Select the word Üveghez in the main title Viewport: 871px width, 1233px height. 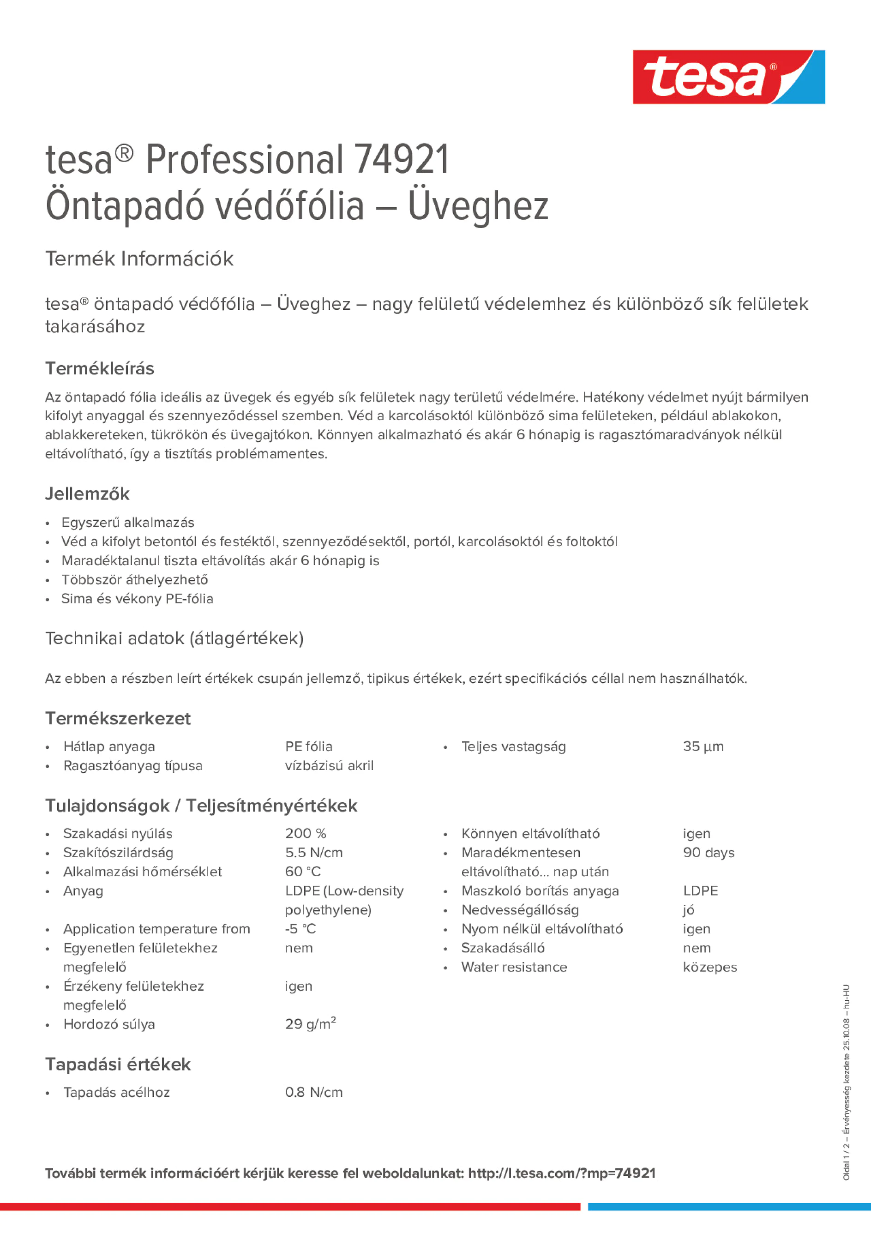(x=478, y=206)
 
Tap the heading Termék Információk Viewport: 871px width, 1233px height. (x=139, y=259)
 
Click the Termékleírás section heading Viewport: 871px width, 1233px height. (x=99, y=369)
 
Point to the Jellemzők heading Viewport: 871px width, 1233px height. (x=87, y=494)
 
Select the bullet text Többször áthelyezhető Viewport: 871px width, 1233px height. (x=134, y=580)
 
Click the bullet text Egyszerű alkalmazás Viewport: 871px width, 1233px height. (x=128, y=523)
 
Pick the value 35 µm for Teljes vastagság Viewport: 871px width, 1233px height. (x=703, y=746)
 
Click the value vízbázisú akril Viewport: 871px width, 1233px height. (x=329, y=766)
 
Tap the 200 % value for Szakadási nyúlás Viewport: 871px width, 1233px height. (x=306, y=833)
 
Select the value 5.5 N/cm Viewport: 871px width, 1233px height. (x=313, y=853)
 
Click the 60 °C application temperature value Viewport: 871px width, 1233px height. (x=302, y=872)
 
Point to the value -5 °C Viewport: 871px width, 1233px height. (x=300, y=929)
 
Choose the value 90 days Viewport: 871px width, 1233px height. (x=708, y=853)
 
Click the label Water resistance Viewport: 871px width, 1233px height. (x=514, y=967)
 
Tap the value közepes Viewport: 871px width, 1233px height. (x=710, y=967)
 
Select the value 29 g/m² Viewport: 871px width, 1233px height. (x=310, y=1024)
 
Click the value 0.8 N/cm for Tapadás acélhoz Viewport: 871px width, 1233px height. (x=313, y=1092)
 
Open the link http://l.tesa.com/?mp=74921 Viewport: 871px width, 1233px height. (x=562, y=1173)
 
